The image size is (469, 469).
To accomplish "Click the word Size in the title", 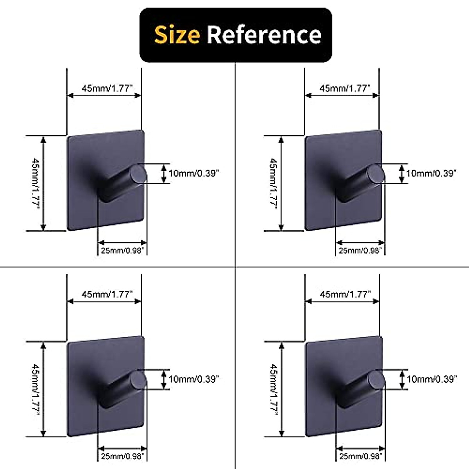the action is [x=177, y=35].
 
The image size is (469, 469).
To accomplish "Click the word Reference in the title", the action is [x=264, y=35].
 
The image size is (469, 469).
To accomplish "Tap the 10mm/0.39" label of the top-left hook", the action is [x=193, y=173].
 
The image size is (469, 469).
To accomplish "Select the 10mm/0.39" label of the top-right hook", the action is [x=431, y=173].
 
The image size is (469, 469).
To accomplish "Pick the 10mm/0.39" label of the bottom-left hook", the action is [x=193, y=379].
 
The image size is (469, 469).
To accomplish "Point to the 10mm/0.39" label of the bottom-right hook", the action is [x=431, y=379].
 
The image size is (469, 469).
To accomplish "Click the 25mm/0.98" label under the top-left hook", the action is [x=122, y=251].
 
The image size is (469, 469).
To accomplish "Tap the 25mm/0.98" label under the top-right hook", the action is [x=360, y=251].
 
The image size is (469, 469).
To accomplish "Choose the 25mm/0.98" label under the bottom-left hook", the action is [x=122, y=456].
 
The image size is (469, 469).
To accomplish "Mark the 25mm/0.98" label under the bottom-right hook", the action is [x=360, y=456].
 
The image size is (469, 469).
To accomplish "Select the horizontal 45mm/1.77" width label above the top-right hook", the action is [x=344, y=88].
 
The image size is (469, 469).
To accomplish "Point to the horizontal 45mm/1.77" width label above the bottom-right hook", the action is [x=344, y=294].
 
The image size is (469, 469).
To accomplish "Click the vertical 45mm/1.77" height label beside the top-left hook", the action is [x=35, y=183].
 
